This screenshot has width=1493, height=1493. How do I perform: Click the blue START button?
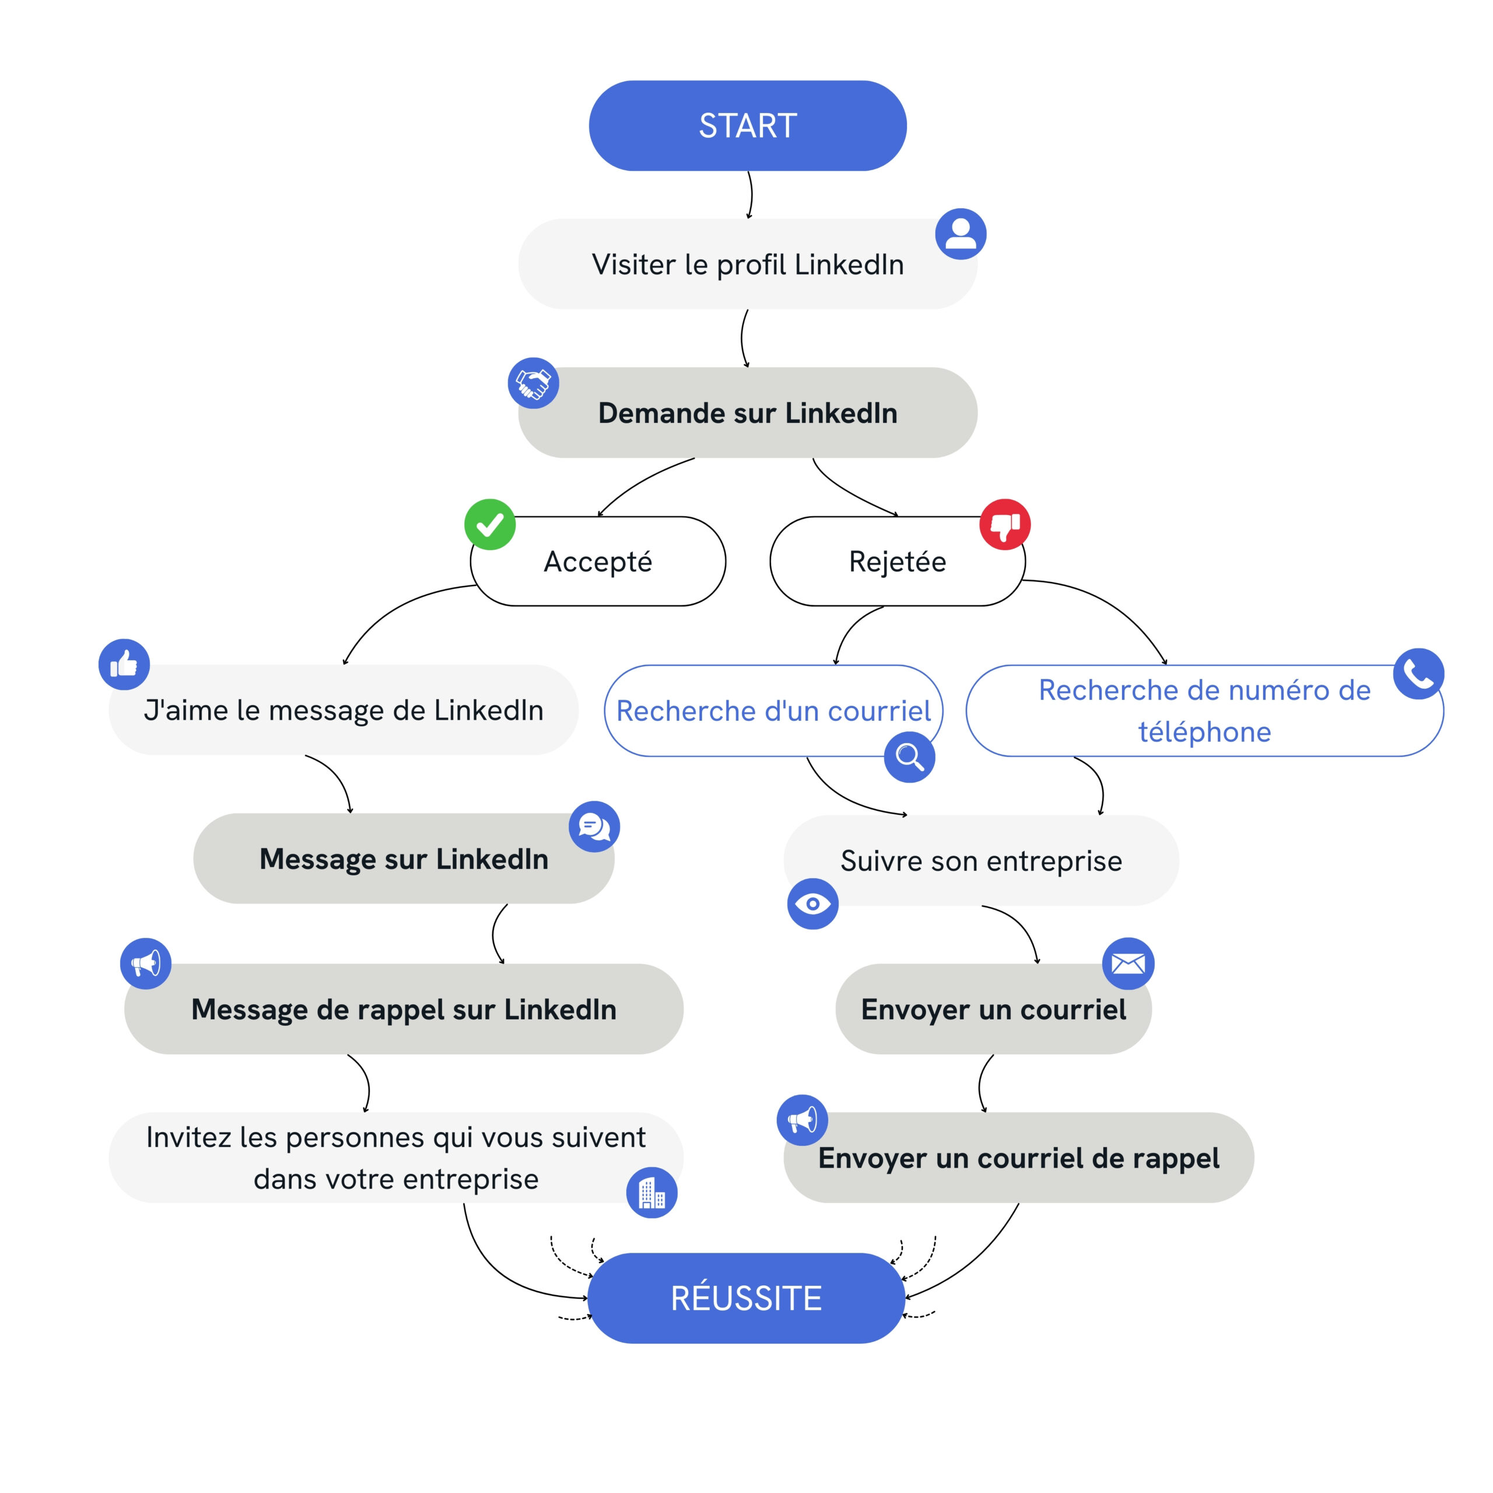(747, 125)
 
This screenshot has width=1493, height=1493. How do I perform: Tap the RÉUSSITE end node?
(746, 1298)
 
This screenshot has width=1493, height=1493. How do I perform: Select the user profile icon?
(961, 233)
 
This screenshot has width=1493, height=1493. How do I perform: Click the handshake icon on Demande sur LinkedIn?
(533, 383)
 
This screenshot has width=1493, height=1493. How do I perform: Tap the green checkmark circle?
(490, 525)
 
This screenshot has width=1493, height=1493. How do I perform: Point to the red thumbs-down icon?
(1005, 524)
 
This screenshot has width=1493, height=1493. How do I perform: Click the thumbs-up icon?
(124, 664)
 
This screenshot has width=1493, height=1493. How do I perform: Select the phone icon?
(1419, 674)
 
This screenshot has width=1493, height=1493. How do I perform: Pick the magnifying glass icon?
(910, 758)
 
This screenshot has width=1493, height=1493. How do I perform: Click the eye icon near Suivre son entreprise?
(813, 903)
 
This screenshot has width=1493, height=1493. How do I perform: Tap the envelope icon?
(1128, 963)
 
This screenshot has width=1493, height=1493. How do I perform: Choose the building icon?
(651, 1193)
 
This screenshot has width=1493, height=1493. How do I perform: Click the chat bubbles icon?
(594, 826)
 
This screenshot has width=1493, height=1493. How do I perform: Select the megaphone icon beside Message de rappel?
(145, 963)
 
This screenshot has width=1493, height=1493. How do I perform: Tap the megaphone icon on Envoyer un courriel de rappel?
(802, 1120)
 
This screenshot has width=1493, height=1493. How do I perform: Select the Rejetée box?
(897, 561)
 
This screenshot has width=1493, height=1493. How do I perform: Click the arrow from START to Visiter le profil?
(751, 195)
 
